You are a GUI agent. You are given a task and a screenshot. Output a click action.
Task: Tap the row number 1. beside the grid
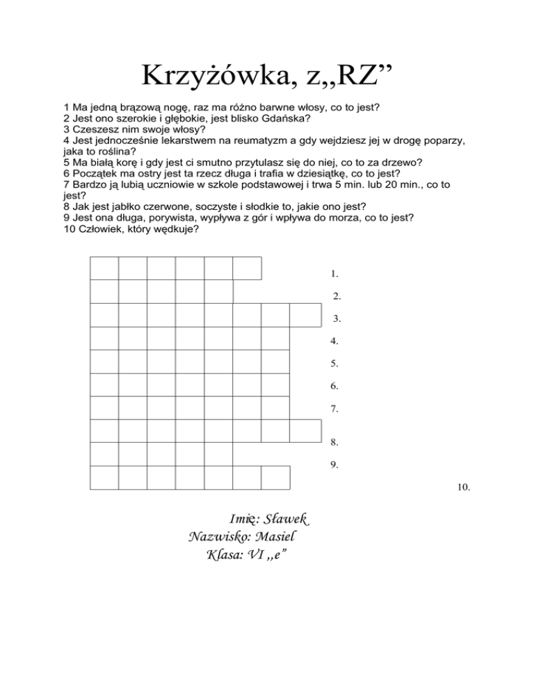[x=335, y=274]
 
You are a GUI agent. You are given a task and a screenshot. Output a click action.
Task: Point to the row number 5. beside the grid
[x=335, y=363]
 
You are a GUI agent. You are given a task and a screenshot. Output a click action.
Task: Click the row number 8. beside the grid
[x=335, y=441]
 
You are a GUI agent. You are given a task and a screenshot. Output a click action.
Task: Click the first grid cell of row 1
[x=104, y=268]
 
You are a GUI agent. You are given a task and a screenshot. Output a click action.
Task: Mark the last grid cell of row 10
[x=275, y=478]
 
